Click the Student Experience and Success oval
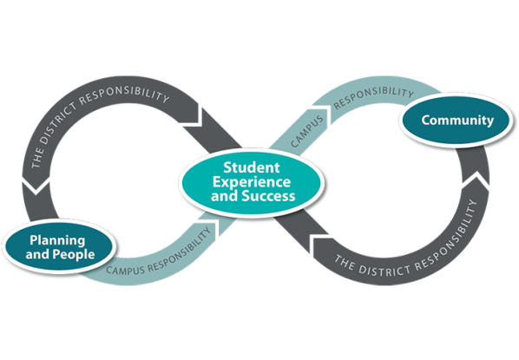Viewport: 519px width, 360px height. point(249,181)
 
